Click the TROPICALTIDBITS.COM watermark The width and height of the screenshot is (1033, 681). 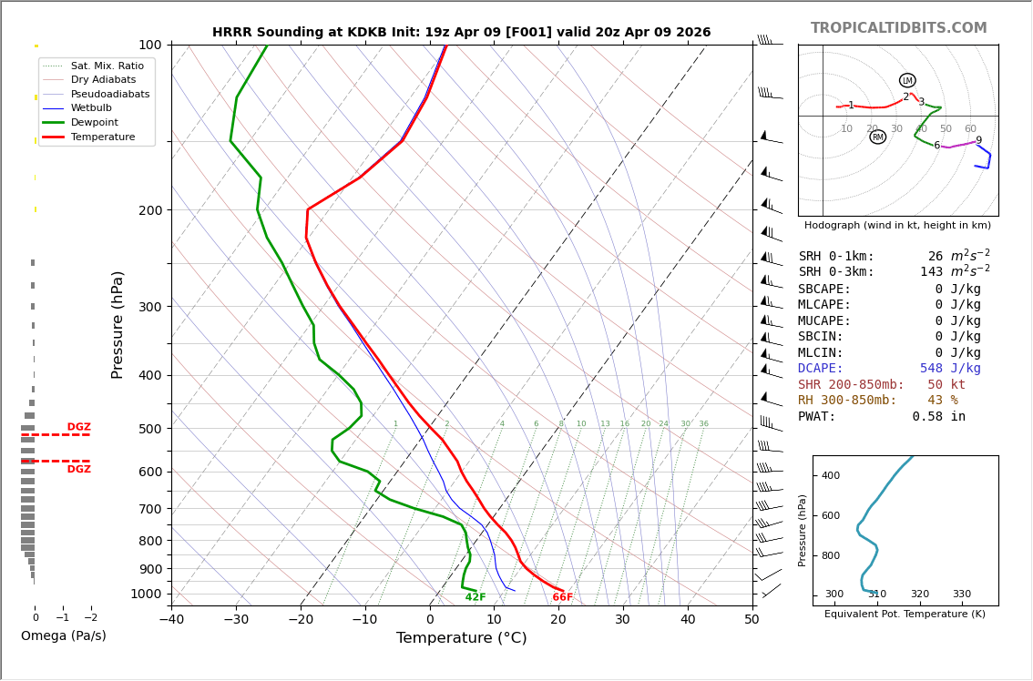coord(898,28)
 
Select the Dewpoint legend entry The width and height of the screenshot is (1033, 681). coord(95,123)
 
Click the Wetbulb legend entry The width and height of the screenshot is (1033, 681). coord(91,108)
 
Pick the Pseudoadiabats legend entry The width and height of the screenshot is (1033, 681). coord(110,95)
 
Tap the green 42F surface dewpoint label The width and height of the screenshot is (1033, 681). coord(476,597)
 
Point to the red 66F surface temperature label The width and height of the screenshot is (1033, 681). coord(563,597)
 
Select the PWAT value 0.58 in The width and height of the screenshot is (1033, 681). coord(938,416)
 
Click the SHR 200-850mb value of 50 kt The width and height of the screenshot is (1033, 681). coord(946,384)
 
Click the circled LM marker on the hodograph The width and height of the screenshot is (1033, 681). coord(907,81)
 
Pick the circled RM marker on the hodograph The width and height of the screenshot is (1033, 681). coord(877,137)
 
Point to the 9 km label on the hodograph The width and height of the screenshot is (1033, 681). coord(978,141)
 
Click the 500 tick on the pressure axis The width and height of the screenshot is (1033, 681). coord(149,429)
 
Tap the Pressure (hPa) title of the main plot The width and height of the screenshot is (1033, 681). coord(118,324)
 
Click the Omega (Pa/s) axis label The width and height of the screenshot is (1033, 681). coord(63,635)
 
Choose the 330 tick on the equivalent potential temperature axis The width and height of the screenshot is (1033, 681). coord(962,595)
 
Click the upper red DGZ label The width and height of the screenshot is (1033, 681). coord(78,427)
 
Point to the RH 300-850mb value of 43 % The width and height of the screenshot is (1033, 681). coord(942,401)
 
